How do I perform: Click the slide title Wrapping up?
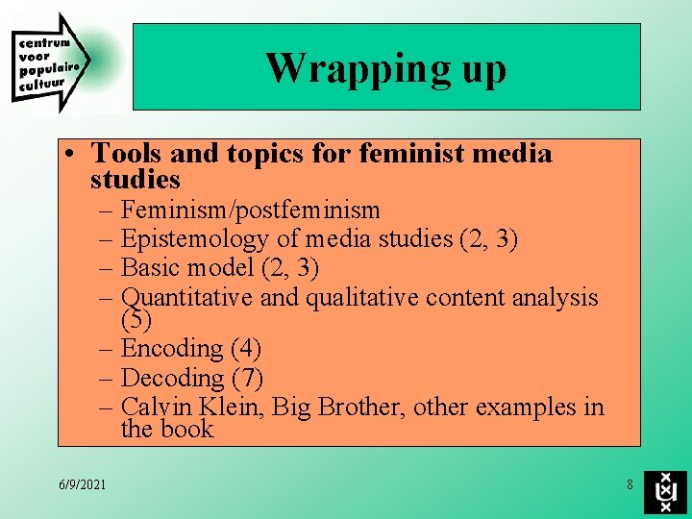385,68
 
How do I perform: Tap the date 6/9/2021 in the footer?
82,484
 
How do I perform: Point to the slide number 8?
630,484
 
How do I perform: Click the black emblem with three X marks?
665,491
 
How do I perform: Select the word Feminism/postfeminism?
251,210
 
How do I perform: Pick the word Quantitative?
187,298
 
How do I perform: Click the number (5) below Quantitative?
137,318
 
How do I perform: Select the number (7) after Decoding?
247,378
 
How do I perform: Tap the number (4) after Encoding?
245,348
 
